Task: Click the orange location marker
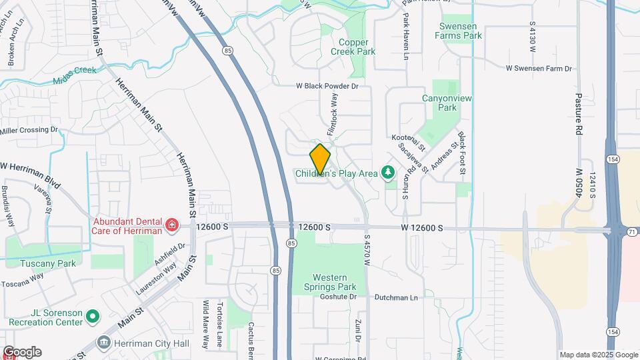320,159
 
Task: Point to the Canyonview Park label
439,102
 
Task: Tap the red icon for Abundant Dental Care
172,225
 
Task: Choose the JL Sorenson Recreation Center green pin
93,316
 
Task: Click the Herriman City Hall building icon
104,343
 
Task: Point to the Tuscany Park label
39,263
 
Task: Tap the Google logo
22,351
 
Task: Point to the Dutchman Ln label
395,297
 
